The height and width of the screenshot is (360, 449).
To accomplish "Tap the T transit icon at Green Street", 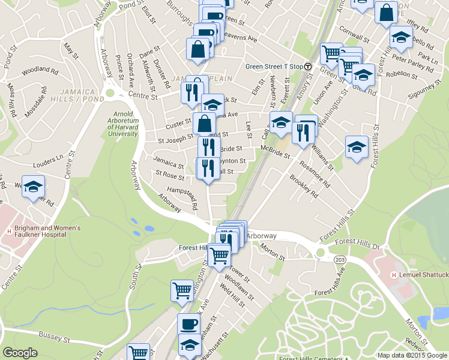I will point(308,67).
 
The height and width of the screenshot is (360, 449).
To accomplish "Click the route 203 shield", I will point(340,258).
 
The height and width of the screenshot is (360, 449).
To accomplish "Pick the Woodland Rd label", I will point(40,71).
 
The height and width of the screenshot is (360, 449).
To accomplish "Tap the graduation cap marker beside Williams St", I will point(357,147).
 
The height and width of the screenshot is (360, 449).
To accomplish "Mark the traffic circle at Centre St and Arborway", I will point(109,93).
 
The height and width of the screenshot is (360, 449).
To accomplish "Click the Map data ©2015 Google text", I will point(411,355).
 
